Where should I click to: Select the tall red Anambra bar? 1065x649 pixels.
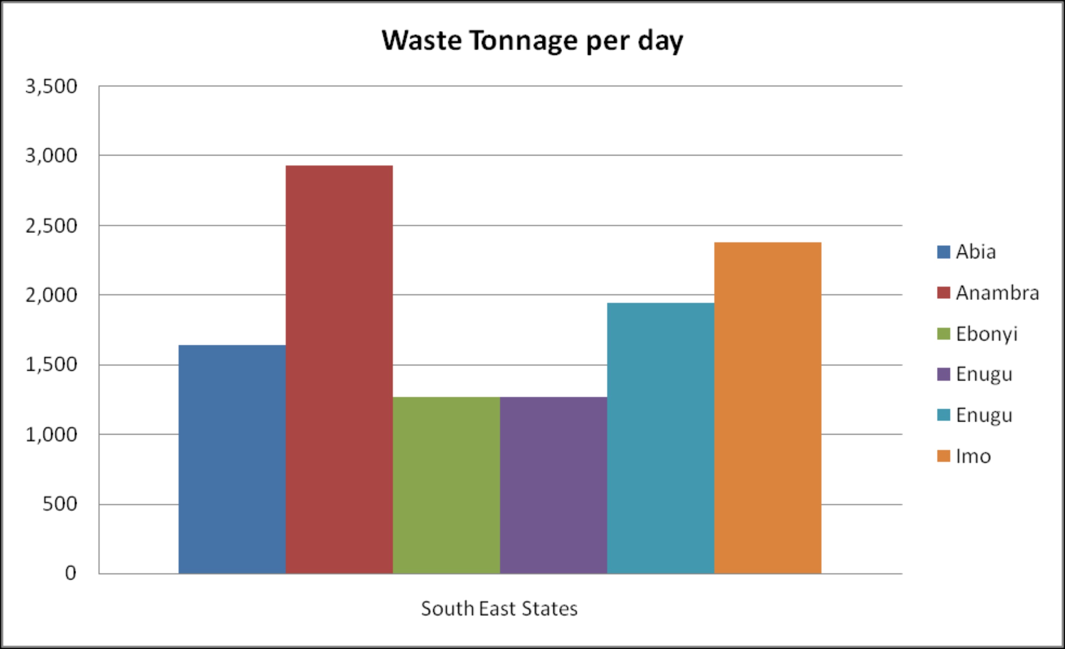tap(339, 369)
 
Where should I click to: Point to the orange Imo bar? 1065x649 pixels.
tap(768, 408)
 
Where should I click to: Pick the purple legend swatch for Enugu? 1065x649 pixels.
tap(943, 374)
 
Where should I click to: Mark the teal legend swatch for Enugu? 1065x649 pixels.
tap(943, 415)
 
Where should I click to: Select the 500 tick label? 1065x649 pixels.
tap(60, 504)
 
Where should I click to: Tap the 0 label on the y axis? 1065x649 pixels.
tap(70, 573)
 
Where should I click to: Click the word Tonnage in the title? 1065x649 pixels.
tap(523, 41)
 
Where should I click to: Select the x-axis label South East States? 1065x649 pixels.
tap(499, 609)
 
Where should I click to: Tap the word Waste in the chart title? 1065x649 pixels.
tap(422, 41)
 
